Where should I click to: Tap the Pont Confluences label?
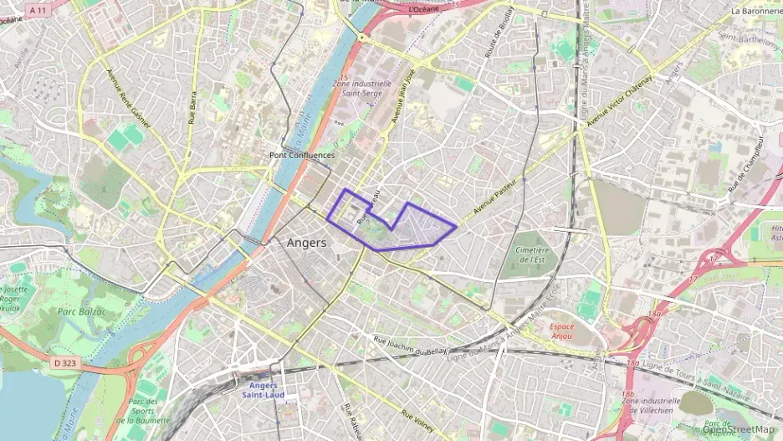[x=302, y=155]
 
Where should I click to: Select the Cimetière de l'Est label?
[x=532, y=254]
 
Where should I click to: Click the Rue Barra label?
[x=192, y=106]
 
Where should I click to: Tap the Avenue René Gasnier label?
[x=128, y=97]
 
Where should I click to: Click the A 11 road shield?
[x=37, y=10]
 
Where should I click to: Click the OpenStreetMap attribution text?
[x=738, y=429]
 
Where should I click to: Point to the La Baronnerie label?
[x=756, y=11]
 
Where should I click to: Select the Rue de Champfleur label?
[x=747, y=164]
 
